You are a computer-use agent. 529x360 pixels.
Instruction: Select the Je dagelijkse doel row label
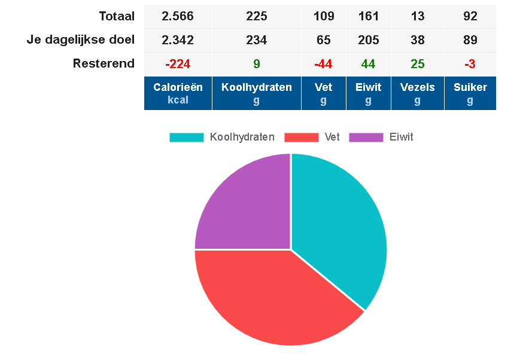(81, 40)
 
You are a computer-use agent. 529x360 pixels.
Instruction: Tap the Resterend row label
(104, 63)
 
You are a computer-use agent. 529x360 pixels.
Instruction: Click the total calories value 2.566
(178, 16)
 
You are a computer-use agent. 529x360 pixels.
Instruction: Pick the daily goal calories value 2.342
(178, 40)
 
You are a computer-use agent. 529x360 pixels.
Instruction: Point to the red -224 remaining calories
(178, 64)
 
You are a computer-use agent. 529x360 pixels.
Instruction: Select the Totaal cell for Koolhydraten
(257, 16)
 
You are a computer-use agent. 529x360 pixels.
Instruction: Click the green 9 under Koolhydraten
(257, 64)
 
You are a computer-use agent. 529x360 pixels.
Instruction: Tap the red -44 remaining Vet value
(323, 64)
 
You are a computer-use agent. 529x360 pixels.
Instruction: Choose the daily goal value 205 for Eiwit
(368, 40)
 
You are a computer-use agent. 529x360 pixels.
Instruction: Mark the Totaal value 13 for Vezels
(418, 16)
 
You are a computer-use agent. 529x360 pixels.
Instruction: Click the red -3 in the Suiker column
(470, 64)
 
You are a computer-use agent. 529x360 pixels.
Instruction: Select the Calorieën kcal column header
(178, 93)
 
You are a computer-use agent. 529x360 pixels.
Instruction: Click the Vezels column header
(418, 93)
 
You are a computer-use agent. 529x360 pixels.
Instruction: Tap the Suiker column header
(470, 93)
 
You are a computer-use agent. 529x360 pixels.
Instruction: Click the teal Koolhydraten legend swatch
(187, 138)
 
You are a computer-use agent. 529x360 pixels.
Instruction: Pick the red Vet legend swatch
(301, 138)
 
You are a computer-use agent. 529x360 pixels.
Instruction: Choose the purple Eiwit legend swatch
(366, 138)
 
